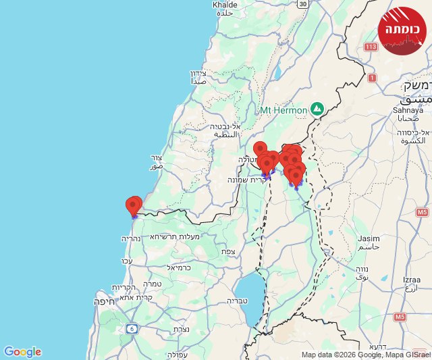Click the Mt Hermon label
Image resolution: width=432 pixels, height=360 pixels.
[283, 109]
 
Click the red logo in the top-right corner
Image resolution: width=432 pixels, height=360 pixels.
[402, 30]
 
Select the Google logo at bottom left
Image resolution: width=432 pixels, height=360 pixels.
[22, 352]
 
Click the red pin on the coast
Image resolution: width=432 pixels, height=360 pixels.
[134, 205]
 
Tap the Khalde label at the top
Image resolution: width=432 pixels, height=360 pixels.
[225, 5]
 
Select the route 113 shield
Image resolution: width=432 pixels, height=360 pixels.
[370, 47]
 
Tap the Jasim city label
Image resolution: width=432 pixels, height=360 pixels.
[369, 238]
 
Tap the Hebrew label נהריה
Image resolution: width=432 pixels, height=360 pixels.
[130, 238]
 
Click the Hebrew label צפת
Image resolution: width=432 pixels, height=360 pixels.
[228, 251]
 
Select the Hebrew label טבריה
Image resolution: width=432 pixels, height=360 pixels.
[238, 301]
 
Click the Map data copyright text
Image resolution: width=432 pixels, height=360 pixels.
[364, 355]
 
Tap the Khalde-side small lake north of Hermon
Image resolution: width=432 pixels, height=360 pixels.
[276, 72]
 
